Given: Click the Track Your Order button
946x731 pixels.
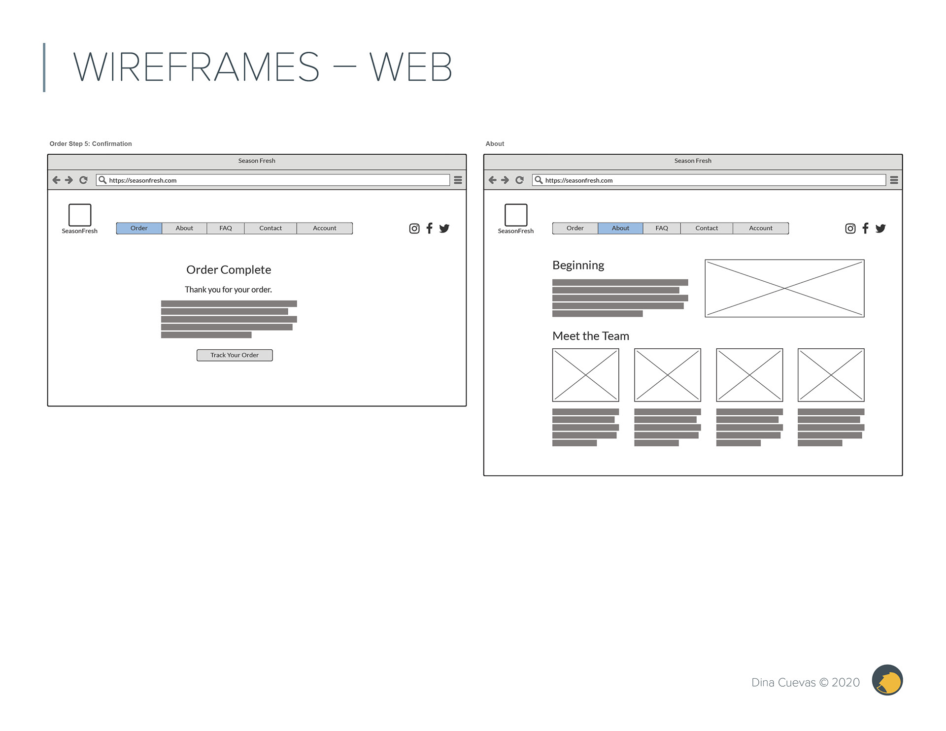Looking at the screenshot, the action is pos(235,355).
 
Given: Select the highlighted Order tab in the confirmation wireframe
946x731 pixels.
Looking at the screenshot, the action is pos(139,228).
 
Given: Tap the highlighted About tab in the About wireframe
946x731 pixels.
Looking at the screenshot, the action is pos(620,228).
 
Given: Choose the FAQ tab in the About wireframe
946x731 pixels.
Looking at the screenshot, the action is pos(662,228).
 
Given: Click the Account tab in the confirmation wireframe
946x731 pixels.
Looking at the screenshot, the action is pos(324,228).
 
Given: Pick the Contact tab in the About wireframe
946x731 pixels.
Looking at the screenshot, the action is pos(707,228).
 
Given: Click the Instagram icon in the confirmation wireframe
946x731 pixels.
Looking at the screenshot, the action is pos(414,229).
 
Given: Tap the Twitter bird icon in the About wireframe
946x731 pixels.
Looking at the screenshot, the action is pos(880,229).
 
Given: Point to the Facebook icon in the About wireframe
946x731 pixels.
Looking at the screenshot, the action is pos(865,228).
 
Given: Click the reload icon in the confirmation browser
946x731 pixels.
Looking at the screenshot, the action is pos(83,180).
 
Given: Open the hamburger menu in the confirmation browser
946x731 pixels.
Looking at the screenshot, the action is pos(458,180).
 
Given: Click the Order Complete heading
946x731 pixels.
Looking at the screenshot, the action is pos(229,270).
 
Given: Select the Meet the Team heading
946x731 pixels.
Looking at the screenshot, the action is pos(591,336).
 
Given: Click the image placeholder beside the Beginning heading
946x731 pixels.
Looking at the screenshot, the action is pos(784,288).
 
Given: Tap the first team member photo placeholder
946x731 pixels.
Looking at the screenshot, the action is pos(585,375).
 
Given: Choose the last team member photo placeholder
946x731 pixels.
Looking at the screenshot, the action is pos(831,375).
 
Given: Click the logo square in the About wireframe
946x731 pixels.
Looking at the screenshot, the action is pos(516,215).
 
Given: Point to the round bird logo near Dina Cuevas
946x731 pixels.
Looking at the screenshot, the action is pos(887,680).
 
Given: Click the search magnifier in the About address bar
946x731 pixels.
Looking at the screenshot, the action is pos(539,180).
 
